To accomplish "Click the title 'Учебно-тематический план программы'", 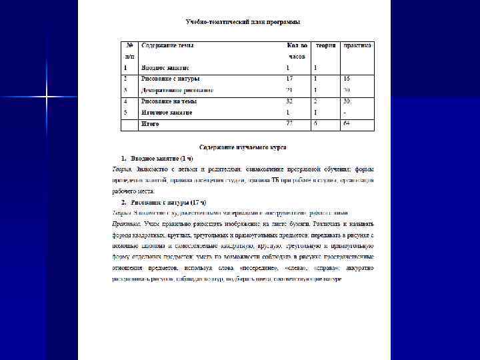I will tap(242, 22).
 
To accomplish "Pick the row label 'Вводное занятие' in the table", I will tap(165, 68).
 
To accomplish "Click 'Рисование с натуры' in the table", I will tap(170, 79).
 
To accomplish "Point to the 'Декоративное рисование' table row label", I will tap(177, 90).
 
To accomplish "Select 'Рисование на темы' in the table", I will tap(169, 101).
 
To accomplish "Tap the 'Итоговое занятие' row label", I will tap(167, 113).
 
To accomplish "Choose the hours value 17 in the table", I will tap(289, 79).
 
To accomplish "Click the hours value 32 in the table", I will tap(289, 101).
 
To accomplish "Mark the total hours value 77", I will tap(289, 124).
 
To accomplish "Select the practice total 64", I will tap(347, 124).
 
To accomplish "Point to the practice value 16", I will tap(347, 79).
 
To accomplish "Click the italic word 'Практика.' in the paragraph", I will tap(125, 224).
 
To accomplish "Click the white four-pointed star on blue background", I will tap(47, 98).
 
